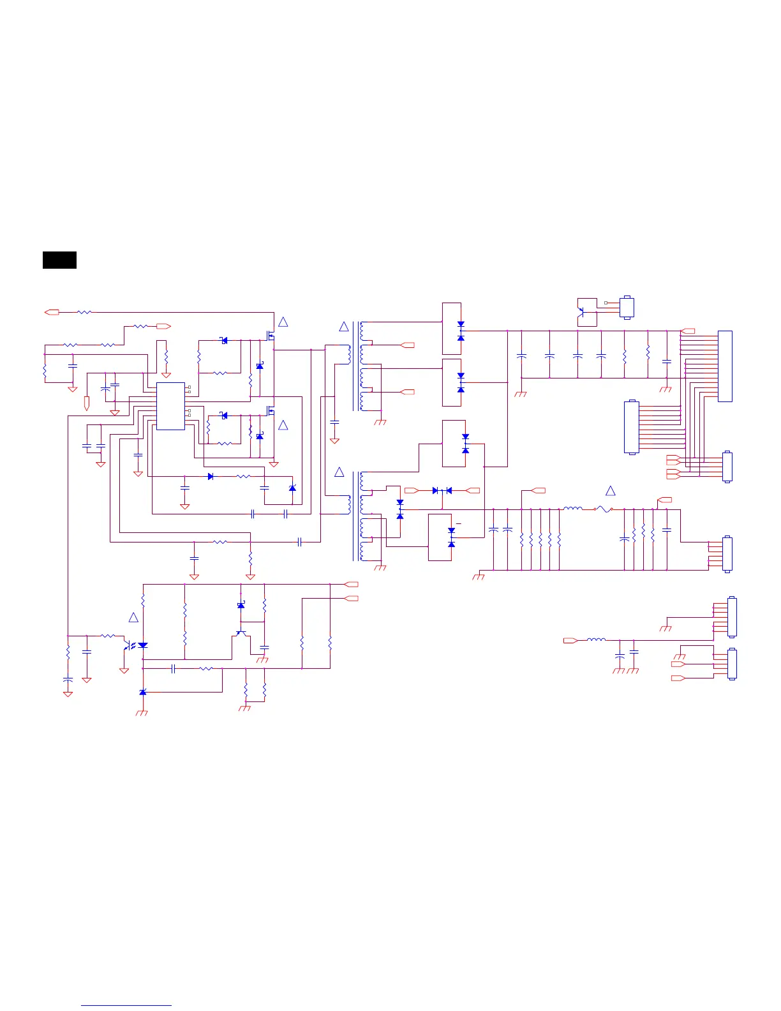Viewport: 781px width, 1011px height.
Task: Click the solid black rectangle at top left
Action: coord(59,260)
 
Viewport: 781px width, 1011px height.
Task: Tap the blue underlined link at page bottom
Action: coord(126,1005)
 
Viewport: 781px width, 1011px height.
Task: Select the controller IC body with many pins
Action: coord(170,406)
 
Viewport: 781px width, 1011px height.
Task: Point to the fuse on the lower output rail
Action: coord(603,509)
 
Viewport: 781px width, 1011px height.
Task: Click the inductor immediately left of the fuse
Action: coord(572,509)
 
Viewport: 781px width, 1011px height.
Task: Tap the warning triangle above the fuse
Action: coord(611,491)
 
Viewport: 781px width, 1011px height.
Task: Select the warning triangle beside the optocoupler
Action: coord(133,618)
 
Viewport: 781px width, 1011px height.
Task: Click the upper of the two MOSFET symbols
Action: coord(271,334)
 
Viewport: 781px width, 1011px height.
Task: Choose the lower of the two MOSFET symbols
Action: coord(271,410)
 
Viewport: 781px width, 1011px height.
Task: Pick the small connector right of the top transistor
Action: coord(627,308)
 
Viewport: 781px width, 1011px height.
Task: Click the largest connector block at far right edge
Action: coord(725,366)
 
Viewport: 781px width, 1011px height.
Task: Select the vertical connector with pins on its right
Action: coord(630,427)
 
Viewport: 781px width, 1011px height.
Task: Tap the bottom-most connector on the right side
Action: coord(731,664)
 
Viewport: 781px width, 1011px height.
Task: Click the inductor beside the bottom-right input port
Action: coord(596,640)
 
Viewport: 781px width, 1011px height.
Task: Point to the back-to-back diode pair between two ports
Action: coord(442,490)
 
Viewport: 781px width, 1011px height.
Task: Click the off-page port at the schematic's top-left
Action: coord(52,312)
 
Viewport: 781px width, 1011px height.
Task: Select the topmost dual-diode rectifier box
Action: coord(452,329)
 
